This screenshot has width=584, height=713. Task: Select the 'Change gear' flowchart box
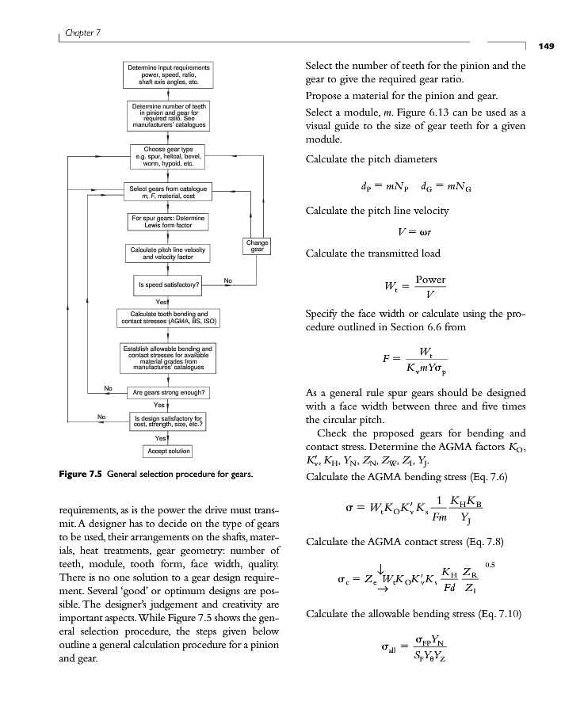coord(258,246)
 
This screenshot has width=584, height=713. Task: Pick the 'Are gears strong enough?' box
coord(170,392)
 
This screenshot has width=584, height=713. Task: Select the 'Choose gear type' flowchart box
coord(168,155)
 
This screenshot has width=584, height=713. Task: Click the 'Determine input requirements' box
coord(168,74)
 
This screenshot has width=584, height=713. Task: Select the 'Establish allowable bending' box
coord(168,357)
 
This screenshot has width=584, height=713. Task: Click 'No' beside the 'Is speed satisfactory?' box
coord(228,280)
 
